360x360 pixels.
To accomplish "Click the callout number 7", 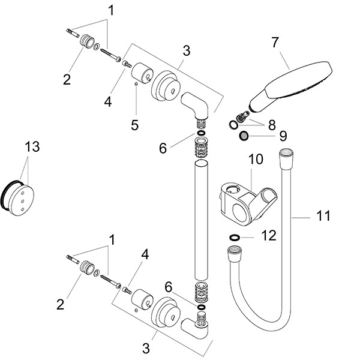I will tap(275, 43).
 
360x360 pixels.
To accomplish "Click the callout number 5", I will tap(135, 125).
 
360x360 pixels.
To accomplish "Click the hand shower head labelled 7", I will tap(300, 79).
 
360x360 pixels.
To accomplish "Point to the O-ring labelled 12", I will tap(235, 238).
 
